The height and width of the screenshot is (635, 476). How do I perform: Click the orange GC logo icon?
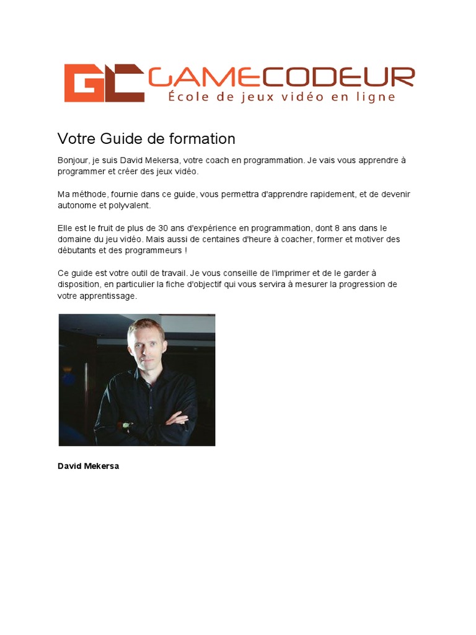point(104,83)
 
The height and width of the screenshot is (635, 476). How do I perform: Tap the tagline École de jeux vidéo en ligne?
point(282,97)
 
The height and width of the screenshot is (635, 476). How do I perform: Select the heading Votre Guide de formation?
point(146,138)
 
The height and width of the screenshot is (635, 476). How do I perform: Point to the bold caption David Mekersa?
point(88,466)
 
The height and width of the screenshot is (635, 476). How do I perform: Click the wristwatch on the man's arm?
point(127,425)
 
